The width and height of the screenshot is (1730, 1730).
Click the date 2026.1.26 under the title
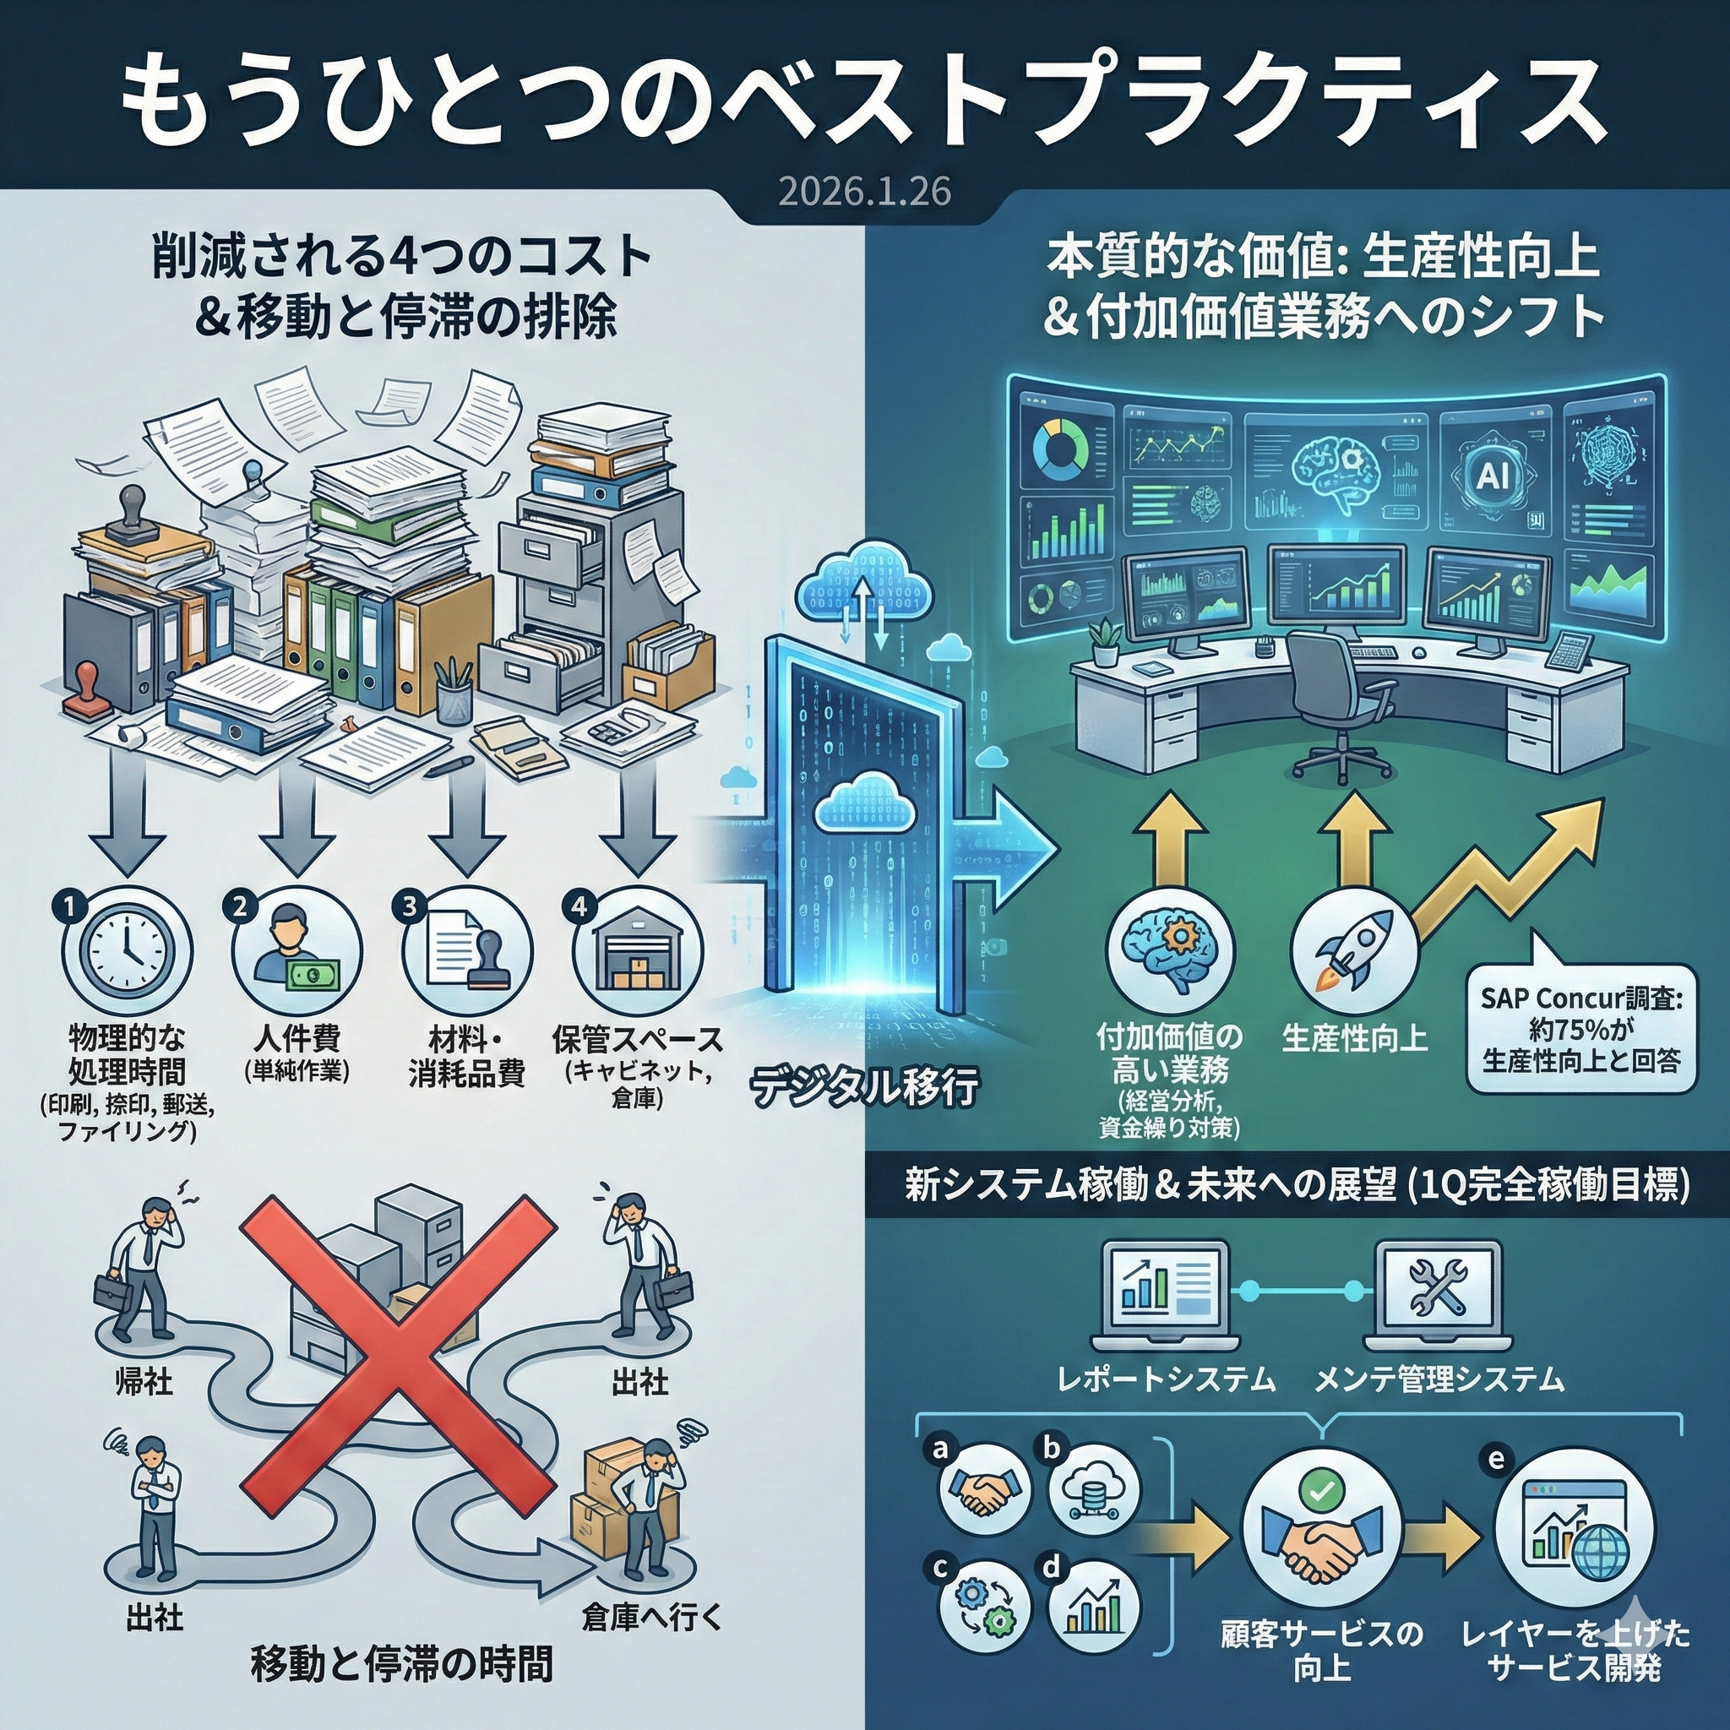[x=864, y=192]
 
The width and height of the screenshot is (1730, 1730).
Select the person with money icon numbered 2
[x=297, y=951]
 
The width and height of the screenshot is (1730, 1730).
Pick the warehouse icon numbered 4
[x=638, y=951]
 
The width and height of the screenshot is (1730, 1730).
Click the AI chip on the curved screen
[x=1491, y=476]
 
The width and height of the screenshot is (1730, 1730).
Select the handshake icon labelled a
[x=984, y=1489]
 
